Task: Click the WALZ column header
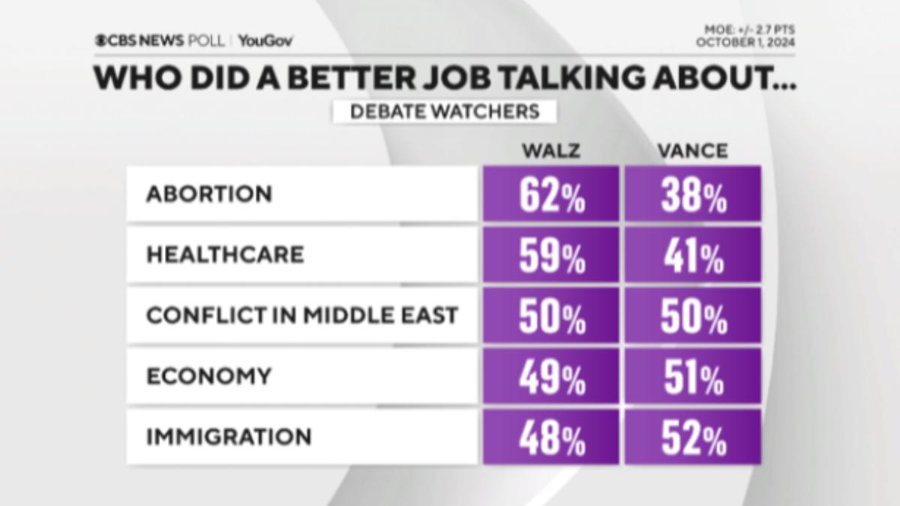[551, 151]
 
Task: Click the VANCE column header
[693, 151]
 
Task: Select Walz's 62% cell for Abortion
[550, 193]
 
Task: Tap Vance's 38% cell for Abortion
[693, 193]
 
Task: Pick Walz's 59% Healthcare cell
[550, 255]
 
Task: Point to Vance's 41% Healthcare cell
[693, 255]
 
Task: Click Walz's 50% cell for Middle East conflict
[550, 316]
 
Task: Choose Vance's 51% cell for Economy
[693, 376]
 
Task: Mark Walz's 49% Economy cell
[550, 376]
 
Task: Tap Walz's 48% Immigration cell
[550, 437]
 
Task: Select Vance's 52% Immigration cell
[693, 437]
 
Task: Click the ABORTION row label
[209, 194]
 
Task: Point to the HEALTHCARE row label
[225, 255]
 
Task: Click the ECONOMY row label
[209, 376]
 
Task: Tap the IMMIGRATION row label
[229, 437]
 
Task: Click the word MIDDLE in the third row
[347, 316]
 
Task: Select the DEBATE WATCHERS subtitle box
[444, 112]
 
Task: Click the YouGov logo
[265, 41]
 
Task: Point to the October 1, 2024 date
[745, 42]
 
